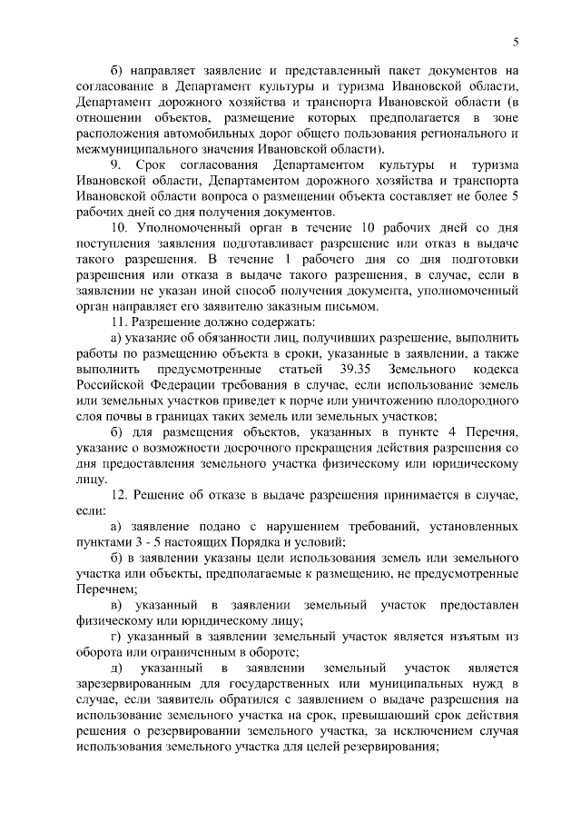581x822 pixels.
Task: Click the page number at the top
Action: point(516,41)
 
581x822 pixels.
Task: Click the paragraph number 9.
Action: point(114,164)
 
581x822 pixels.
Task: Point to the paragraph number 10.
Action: point(118,226)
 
